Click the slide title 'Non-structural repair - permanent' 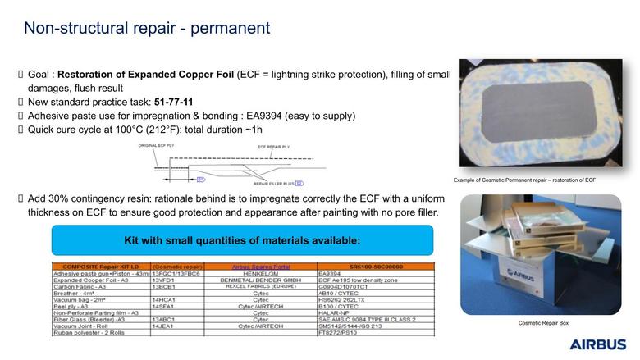click(146, 28)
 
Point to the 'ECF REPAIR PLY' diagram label click(276, 147)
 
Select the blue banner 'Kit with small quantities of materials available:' click(241, 240)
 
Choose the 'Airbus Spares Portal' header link click(261, 267)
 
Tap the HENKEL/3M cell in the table click(261, 273)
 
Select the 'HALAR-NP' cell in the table click(333, 312)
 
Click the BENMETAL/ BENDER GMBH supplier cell click(261, 280)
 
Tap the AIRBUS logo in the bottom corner click(597, 344)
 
